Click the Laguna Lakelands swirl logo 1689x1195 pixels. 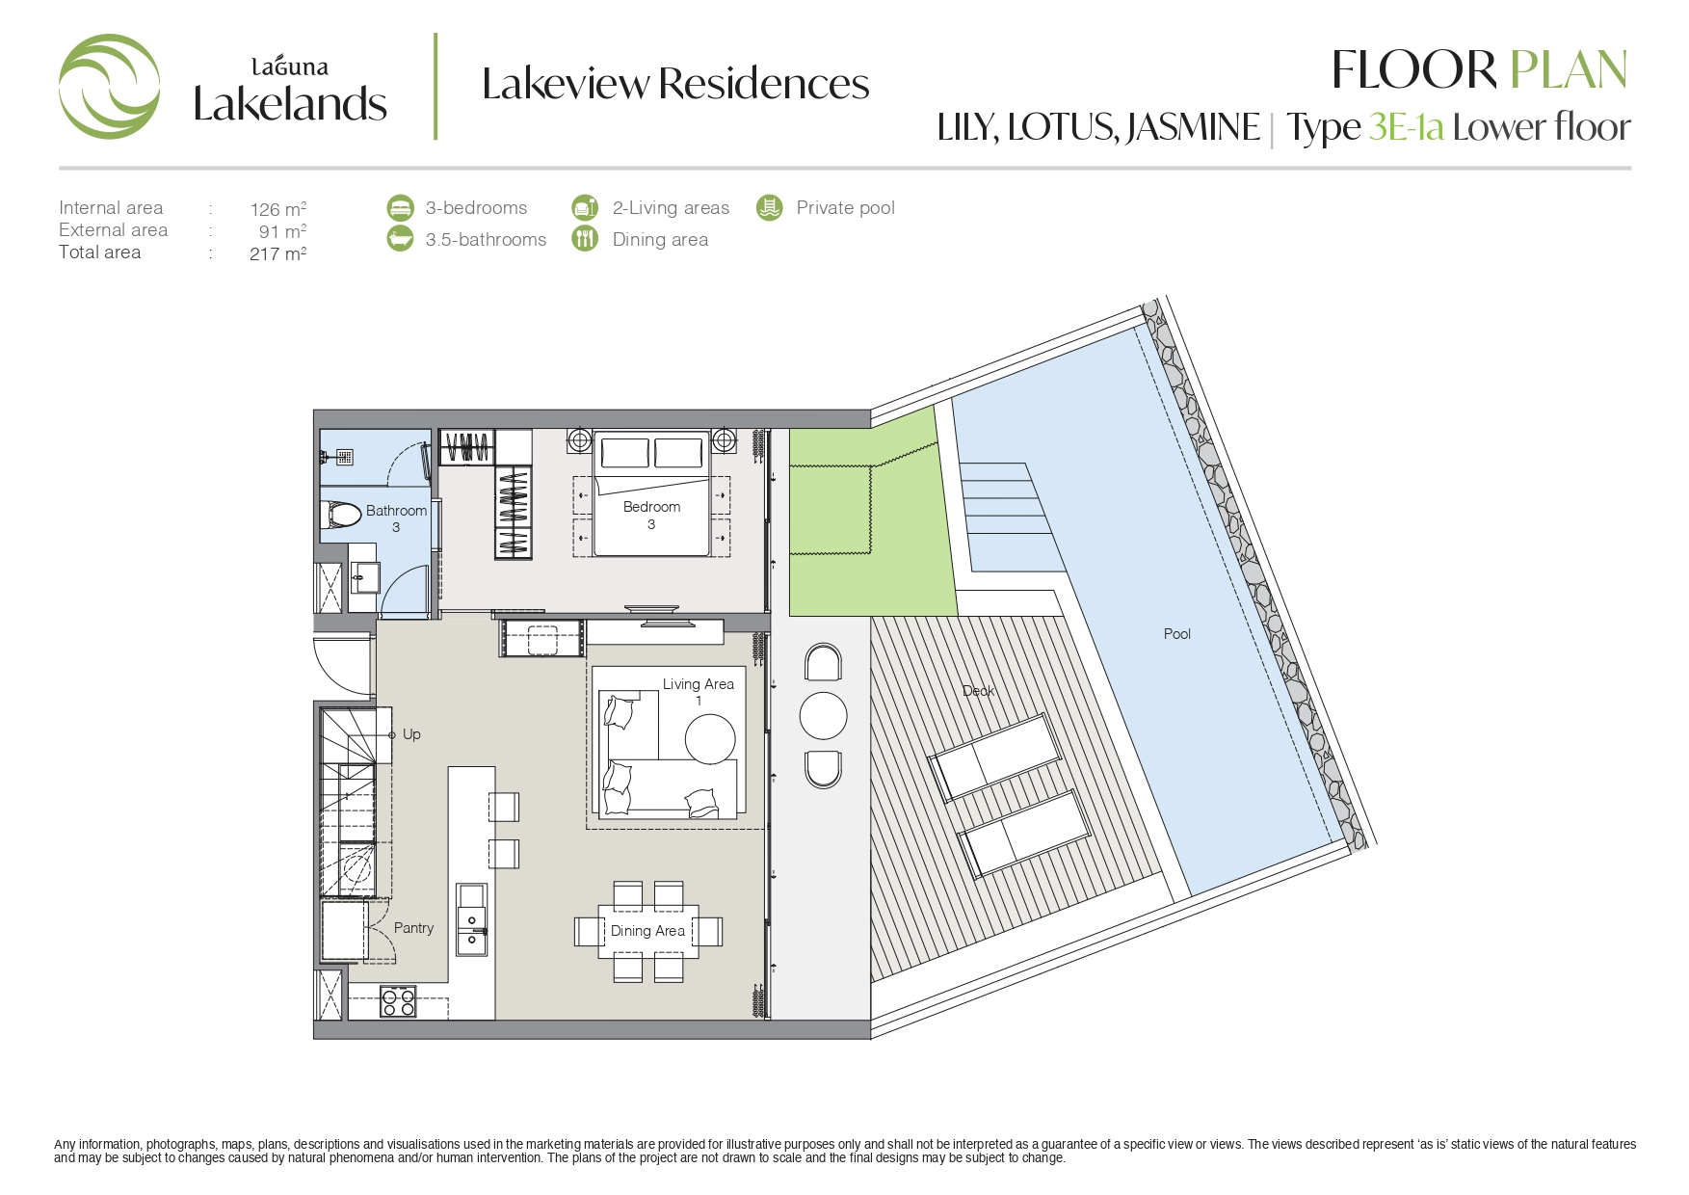[109, 87]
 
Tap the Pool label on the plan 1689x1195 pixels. [1176, 634]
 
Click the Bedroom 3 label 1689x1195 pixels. [651, 516]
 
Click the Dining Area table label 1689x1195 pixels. [647, 931]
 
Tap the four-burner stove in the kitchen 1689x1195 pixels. [398, 1001]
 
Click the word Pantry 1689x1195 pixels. [413, 928]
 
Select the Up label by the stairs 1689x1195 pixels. [411, 734]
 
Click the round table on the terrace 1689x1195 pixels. [823, 716]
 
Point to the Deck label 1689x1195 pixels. [978, 691]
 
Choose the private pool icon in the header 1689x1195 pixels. [769, 207]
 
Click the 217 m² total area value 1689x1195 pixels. [277, 254]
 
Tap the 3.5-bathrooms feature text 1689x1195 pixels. [486, 240]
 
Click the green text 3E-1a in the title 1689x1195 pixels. [1406, 127]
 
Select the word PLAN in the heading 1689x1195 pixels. [1569, 70]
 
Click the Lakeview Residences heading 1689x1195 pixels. [675, 84]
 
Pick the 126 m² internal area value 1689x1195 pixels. [277, 209]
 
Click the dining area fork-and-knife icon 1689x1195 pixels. [585, 238]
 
